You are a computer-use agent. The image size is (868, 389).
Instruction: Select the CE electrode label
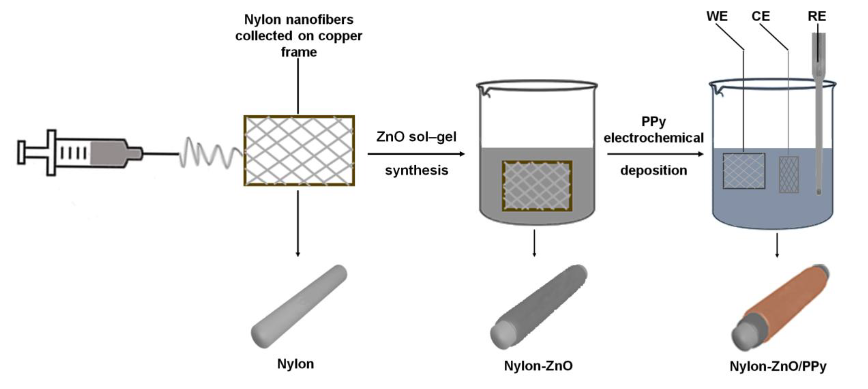[x=760, y=16]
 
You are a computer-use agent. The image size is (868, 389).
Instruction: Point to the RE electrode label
[x=817, y=16]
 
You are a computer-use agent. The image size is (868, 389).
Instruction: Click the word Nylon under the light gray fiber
[x=295, y=364]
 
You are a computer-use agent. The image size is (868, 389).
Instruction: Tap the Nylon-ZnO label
[x=538, y=366]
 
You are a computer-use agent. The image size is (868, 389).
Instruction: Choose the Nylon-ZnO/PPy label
[x=778, y=367]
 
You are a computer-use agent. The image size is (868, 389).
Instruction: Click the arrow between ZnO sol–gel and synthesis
[x=416, y=154]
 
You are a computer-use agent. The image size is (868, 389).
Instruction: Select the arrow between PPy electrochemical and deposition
[x=655, y=154]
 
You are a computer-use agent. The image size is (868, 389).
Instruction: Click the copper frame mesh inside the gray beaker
[x=537, y=186]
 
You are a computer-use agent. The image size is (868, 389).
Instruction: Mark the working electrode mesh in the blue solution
[x=744, y=171]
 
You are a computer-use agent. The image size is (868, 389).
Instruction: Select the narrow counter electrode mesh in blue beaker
[x=788, y=174]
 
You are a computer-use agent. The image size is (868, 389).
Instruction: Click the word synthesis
[x=416, y=170]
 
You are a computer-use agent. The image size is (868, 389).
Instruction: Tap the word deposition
[x=653, y=170]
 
